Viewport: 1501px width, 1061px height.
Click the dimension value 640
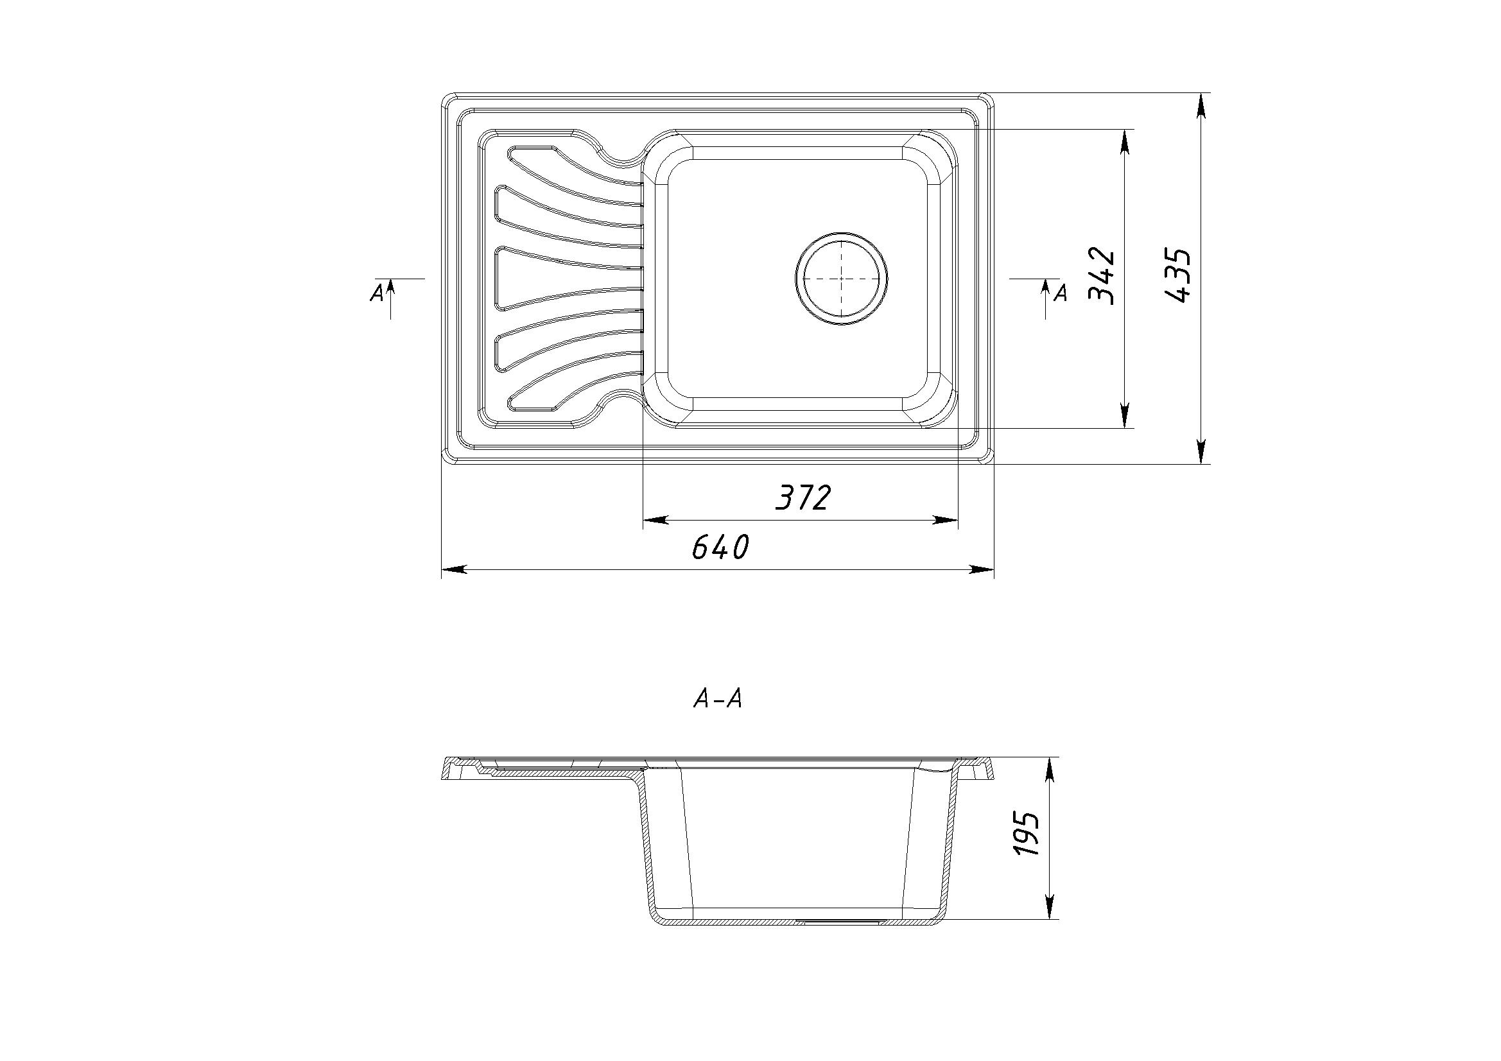(719, 548)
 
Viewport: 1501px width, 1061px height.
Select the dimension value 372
(803, 497)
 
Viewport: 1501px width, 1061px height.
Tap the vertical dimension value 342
(1102, 276)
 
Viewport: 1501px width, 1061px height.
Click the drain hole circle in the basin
(842, 278)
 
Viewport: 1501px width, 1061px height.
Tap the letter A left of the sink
(376, 293)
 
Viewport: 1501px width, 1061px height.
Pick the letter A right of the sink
(1061, 293)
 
